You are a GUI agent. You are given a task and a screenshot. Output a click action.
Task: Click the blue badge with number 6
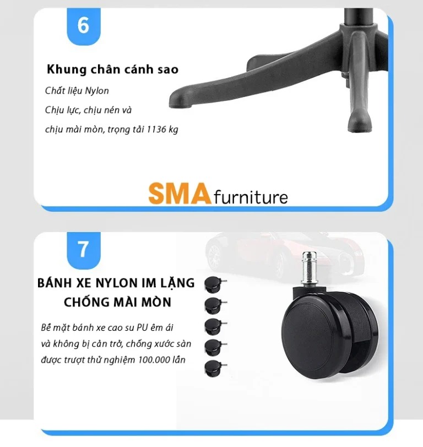click(x=84, y=26)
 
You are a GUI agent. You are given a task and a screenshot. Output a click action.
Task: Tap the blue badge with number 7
click(x=84, y=250)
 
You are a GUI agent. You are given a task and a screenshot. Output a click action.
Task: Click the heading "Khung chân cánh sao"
click(x=112, y=69)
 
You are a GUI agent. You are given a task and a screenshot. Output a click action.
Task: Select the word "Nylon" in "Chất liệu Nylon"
click(x=97, y=91)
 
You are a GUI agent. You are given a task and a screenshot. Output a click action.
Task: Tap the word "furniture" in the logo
click(x=251, y=197)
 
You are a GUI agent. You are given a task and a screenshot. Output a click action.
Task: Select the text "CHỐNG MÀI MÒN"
click(x=117, y=302)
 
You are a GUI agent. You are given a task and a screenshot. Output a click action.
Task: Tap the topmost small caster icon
click(x=215, y=284)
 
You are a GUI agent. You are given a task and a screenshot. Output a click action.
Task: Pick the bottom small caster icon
click(x=215, y=368)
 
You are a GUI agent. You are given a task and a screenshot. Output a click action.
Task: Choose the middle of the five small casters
click(x=215, y=326)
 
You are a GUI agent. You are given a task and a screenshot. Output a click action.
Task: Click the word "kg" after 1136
click(x=173, y=130)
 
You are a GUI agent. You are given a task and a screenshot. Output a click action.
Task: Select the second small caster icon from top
click(x=215, y=305)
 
